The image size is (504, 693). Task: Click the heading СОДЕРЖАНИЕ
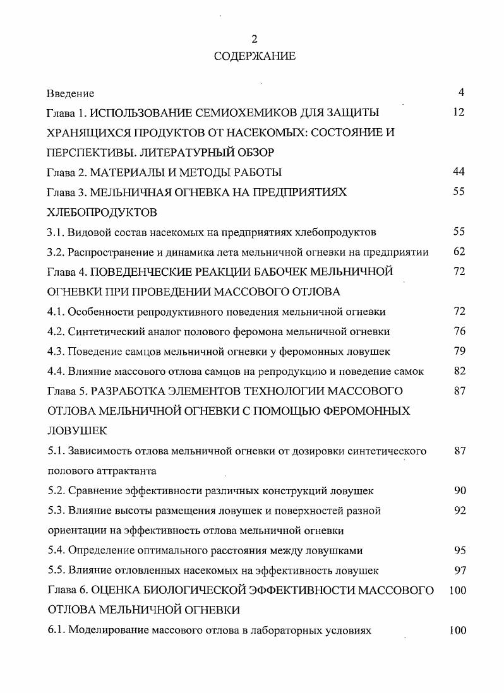point(255,57)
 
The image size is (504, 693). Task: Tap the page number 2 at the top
point(255,40)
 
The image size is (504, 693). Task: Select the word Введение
point(71,93)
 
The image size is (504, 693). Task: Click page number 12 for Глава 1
point(459,112)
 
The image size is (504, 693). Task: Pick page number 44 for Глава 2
point(459,172)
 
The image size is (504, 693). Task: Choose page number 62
point(459,251)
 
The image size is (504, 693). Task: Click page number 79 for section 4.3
point(459,350)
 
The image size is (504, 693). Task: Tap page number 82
point(459,370)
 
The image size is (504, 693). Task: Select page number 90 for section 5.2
point(459,490)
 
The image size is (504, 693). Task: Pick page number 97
point(459,570)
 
